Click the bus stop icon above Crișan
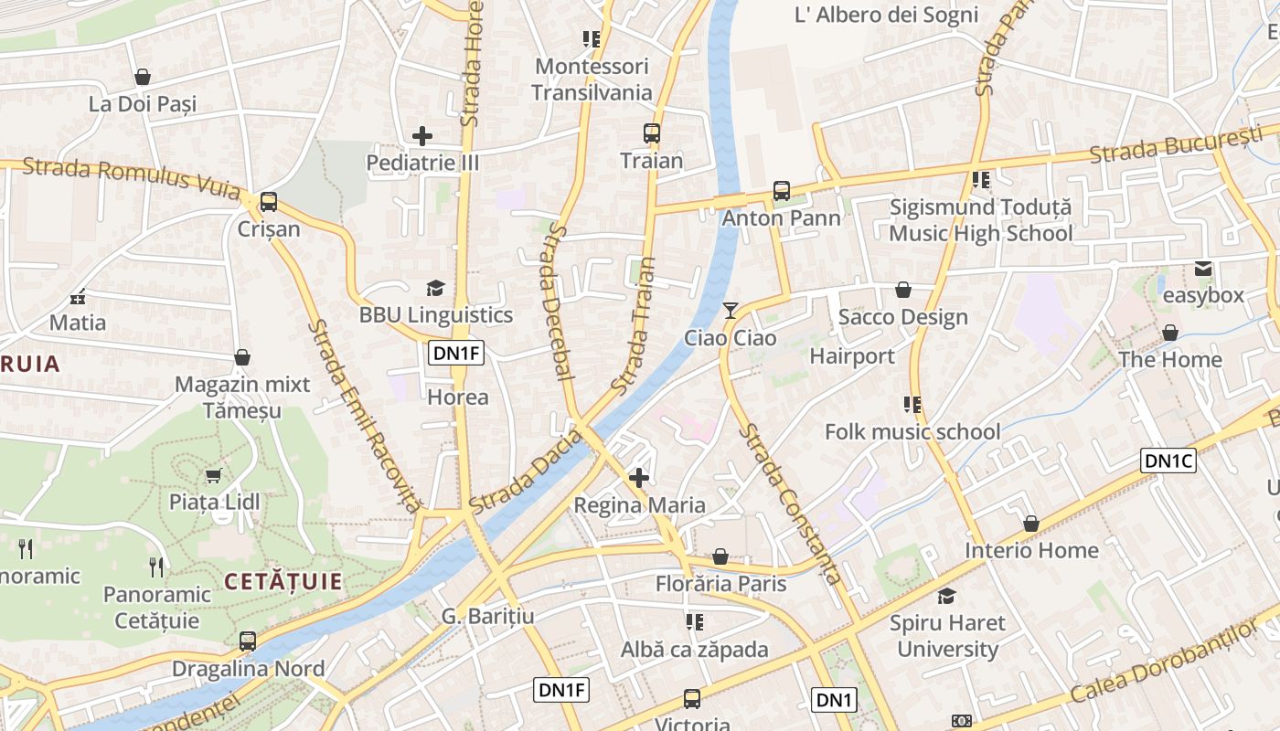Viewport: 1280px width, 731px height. coord(268,201)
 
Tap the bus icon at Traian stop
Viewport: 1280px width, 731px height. coord(651,133)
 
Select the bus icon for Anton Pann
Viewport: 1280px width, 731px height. coord(781,191)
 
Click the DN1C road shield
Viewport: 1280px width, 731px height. coord(1168,461)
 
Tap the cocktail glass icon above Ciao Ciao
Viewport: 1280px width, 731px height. coord(730,311)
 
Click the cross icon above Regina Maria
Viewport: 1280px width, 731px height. coord(639,477)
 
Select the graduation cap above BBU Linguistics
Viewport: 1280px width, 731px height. coord(435,288)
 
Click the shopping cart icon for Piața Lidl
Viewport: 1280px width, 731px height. coord(214,474)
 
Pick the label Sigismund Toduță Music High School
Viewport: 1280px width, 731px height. coord(980,220)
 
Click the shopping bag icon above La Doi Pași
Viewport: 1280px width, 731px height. coord(142,77)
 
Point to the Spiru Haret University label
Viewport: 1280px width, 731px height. coord(947,636)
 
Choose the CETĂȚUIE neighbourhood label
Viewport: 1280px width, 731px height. coord(283,581)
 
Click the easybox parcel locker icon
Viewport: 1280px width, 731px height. coord(1202,269)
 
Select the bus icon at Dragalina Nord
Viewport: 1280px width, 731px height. coord(247,641)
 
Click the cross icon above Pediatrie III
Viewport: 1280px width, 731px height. coord(422,136)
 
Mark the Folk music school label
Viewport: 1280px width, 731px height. coord(912,431)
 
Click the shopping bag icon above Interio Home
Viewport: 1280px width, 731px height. coord(1030,524)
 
